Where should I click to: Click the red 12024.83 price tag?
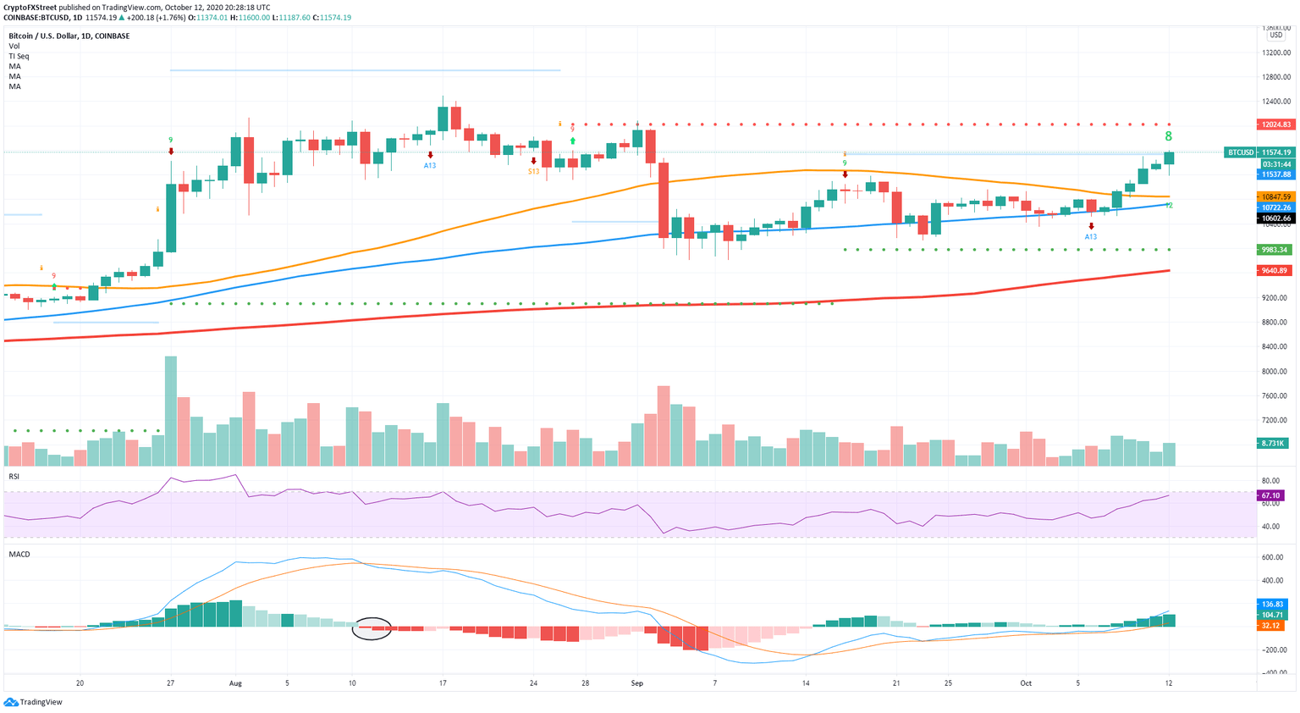[1275, 124]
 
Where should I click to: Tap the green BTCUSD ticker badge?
[1240, 152]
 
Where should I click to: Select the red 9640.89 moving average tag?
[1275, 271]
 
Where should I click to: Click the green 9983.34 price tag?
[1275, 250]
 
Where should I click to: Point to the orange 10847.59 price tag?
[1275, 196]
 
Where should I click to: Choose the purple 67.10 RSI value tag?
[1271, 495]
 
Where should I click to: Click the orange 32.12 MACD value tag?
[1271, 626]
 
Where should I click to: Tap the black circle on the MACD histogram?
[372, 627]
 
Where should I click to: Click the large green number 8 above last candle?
[1169, 136]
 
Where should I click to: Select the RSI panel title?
[14, 477]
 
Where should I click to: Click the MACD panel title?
[19, 555]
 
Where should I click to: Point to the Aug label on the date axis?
[235, 683]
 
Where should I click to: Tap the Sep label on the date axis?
[637, 683]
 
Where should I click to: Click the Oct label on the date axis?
[1026, 683]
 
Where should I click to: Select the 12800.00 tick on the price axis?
[1275, 77]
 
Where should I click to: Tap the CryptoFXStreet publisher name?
[30, 7]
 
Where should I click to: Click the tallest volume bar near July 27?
[171, 411]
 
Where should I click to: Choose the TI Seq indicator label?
[19, 56]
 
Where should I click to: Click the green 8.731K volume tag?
[1274, 443]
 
